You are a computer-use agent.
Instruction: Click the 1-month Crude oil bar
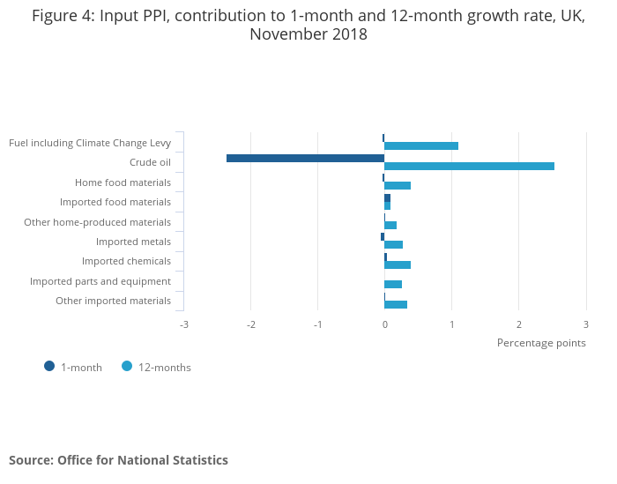[x=305, y=159]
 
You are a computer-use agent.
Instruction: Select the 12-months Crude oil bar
[x=469, y=166]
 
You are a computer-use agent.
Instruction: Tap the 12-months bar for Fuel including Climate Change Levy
[x=421, y=145]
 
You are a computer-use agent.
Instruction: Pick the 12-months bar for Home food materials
[x=398, y=185]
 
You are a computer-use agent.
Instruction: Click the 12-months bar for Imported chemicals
[x=398, y=264]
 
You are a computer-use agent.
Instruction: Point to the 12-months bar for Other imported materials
[x=396, y=304]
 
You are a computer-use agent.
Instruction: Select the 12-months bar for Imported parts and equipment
[x=393, y=284]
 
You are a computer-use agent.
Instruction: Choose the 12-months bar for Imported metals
[x=393, y=244]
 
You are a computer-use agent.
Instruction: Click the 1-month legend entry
[x=74, y=368]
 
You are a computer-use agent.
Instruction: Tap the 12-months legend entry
[x=157, y=368]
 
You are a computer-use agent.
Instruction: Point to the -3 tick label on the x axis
[x=184, y=324]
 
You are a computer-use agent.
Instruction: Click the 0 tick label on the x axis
[x=385, y=324]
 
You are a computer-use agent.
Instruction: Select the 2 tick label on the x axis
[x=519, y=324]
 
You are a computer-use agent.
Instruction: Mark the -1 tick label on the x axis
[x=318, y=324]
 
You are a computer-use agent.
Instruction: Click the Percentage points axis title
[x=541, y=343]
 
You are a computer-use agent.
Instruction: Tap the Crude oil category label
[x=150, y=162]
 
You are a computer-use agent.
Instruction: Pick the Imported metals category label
[x=133, y=242]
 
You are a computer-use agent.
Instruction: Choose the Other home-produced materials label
[x=97, y=222]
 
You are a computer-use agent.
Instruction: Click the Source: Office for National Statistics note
[x=118, y=460]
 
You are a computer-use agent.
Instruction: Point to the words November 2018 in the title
[x=308, y=35]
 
